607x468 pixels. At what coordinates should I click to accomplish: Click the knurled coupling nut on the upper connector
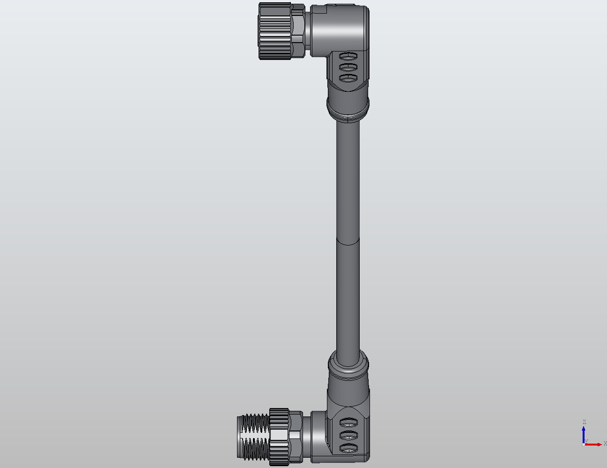tap(274, 31)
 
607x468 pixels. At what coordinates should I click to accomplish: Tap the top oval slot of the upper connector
tap(348, 57)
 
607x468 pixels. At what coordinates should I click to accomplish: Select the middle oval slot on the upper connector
tap(348, 67)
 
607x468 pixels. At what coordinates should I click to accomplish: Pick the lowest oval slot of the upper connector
tap(348, 78)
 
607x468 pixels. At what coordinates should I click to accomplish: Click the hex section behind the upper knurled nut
tap(298, 30)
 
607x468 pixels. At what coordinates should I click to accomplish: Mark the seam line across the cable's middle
tap(348, 242)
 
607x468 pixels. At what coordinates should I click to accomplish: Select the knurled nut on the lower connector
tap(279, 437)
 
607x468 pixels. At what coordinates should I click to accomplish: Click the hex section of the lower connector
tap(296, 436)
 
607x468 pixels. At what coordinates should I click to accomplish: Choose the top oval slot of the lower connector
tap(348, 421)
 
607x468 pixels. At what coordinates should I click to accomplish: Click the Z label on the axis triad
tap(584, 422)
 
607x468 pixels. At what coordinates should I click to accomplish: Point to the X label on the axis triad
tap(605, 443)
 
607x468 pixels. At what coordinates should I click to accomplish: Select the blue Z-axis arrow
tap(584, 433)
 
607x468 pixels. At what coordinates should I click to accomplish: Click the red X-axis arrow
tap(594, 444)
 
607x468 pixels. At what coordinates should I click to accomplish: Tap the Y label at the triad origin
tap(586, 441)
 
